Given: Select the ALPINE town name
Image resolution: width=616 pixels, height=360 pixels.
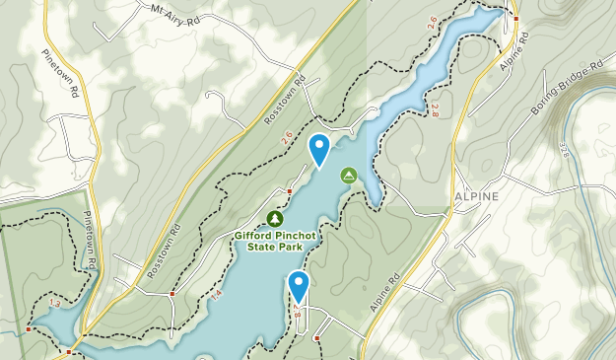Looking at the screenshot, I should (x=477, y=196).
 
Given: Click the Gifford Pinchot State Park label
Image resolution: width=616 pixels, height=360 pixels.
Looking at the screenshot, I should (x=274, y=242).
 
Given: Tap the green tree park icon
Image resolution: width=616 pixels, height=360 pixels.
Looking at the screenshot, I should (x=275, y=218).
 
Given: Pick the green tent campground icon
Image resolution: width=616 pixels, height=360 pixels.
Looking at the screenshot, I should (x=348, y=176).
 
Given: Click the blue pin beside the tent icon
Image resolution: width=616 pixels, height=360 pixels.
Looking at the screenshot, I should (x=319, y=149).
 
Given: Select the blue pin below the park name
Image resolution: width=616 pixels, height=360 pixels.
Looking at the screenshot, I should (x=299, y=287).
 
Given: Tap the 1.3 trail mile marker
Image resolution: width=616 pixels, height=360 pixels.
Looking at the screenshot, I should (x=54, y=305).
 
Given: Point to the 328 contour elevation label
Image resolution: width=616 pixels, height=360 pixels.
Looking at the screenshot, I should (x=564, y=151).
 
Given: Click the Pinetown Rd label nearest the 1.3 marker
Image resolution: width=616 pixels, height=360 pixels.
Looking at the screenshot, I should (x=88, y=242).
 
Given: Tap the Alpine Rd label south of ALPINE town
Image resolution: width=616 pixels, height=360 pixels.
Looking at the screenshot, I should (x=385, y=292).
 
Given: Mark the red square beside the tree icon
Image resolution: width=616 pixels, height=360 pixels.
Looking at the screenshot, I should (x=290, y=191).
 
